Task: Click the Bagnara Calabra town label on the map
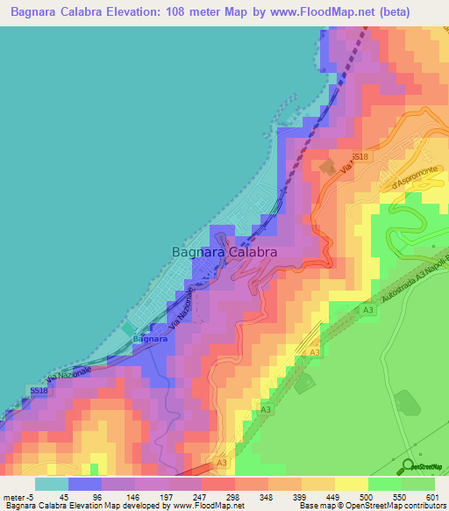pyautogui.click(x=224, y=251)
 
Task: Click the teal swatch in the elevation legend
pyautogui.click(x=52, y=484)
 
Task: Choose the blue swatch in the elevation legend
pyautogui.click(x=85, y=484)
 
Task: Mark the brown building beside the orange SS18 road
pyautogui.click(x=327, y=166)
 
